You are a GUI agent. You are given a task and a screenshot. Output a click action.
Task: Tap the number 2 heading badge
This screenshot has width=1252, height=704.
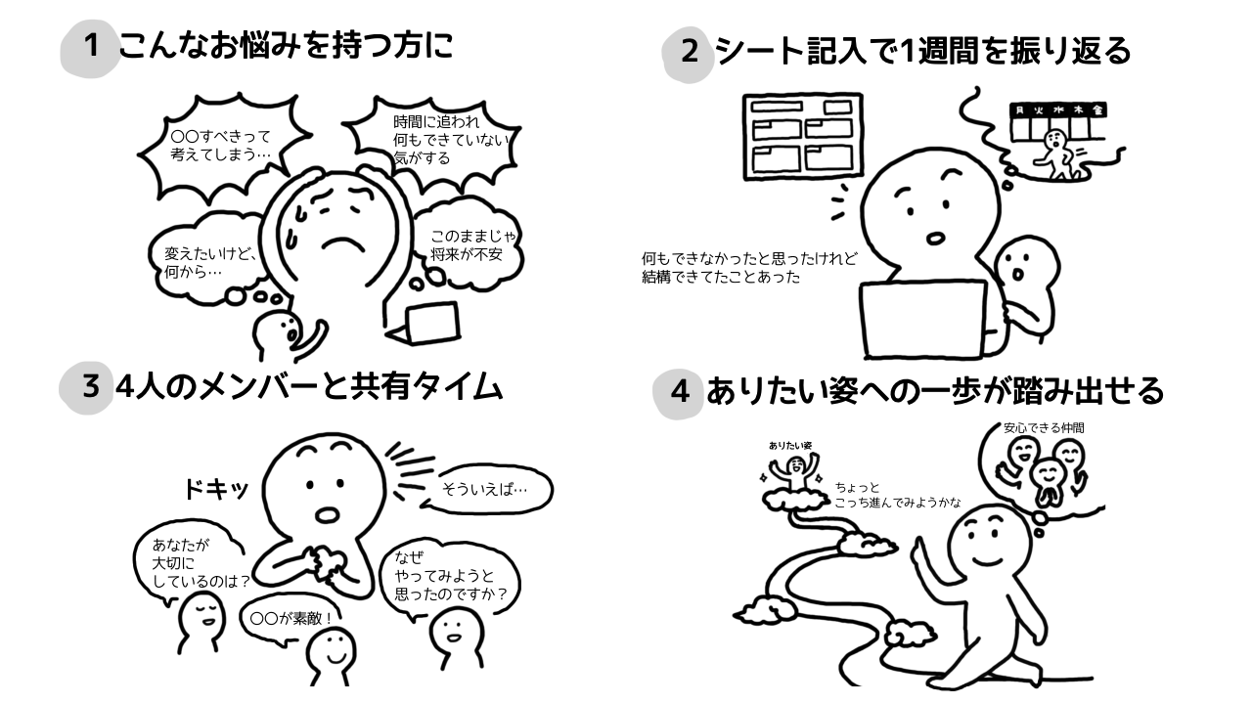[689, 52]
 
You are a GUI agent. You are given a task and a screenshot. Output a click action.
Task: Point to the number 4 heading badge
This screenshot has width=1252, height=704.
[680, 393]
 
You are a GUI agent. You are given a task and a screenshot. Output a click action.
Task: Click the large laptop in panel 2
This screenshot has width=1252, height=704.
[924, 318]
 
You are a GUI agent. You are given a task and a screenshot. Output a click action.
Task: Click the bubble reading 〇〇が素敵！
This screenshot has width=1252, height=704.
[291, 617]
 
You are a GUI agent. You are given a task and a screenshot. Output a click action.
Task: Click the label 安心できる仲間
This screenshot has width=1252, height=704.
[1043, 427]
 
